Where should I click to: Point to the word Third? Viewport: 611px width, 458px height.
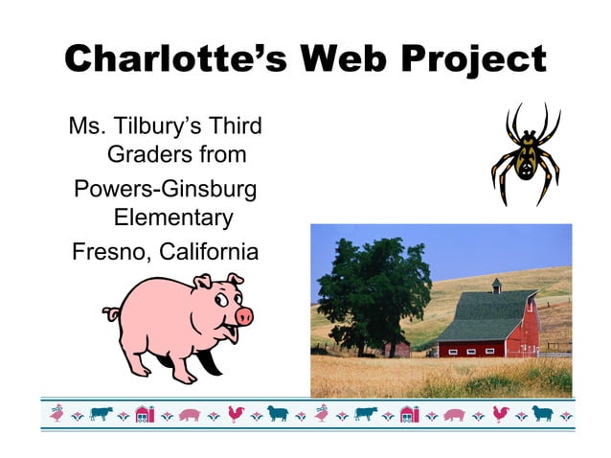235,126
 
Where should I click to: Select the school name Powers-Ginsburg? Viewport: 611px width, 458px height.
166,189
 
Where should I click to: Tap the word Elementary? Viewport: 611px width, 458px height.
173,218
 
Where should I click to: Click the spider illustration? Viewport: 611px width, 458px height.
526,153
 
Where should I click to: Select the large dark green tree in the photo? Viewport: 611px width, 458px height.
373,287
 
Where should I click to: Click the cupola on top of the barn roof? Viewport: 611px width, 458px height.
496,285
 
